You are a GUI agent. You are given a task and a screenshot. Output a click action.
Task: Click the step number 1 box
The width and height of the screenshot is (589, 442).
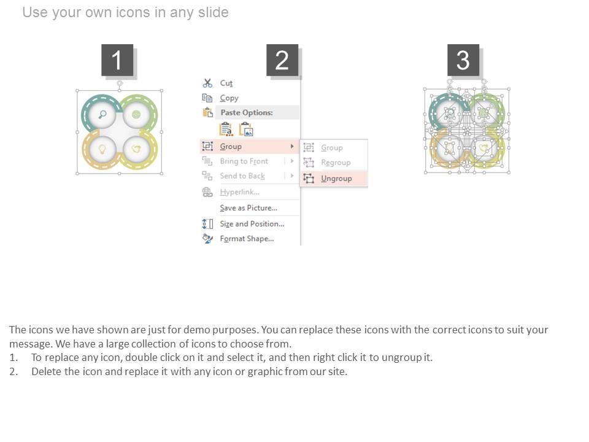pyautogui.click(x=117, y=60)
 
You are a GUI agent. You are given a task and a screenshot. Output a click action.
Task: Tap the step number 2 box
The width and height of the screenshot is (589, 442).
pyautogui.click(x=282, y=60)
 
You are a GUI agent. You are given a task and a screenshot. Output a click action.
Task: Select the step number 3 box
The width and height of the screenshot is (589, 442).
pyautogui.click(x=463, y=60)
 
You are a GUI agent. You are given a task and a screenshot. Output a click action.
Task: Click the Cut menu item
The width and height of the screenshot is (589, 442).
pyautogui.click(x=226, y=83)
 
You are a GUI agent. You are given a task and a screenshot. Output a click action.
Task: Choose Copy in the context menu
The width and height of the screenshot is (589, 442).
pyautogui.click(x=229, y=98)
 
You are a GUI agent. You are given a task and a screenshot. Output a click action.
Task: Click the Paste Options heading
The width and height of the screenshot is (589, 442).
pyautogui.click(x=247, y=112)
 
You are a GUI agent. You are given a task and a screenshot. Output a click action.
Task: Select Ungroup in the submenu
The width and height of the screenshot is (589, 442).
pyautogui.click(x=336, y=179)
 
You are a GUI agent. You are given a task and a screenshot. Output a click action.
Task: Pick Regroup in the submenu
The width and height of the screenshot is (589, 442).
pyautogui.click(x=336, y=162)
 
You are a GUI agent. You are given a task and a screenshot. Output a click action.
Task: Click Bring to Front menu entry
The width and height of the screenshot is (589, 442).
pyautogui.click(x=244, y=161)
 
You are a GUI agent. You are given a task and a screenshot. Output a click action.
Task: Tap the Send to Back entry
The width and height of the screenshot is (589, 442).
pyautogui.click(x=242, y=176)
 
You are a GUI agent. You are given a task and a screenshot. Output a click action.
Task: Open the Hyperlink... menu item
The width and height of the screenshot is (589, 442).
pyautogui.click(x=240, y=192)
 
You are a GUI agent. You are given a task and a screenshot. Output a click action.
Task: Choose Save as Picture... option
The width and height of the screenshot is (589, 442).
pyautogui.click(x=248, y=208)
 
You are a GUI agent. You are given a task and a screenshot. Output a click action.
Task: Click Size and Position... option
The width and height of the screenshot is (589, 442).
pyautogui.click(x=252, y=224)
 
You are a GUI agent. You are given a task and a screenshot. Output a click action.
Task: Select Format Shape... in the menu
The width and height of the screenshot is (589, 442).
pyautogui.click(x=247, y=239)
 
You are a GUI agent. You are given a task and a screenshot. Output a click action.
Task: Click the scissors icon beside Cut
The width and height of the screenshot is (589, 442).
pyautogui.click(x=207, y=83)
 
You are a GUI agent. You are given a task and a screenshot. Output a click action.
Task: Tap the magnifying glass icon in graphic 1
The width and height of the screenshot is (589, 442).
pyautogui.click(x=102, y=114)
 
